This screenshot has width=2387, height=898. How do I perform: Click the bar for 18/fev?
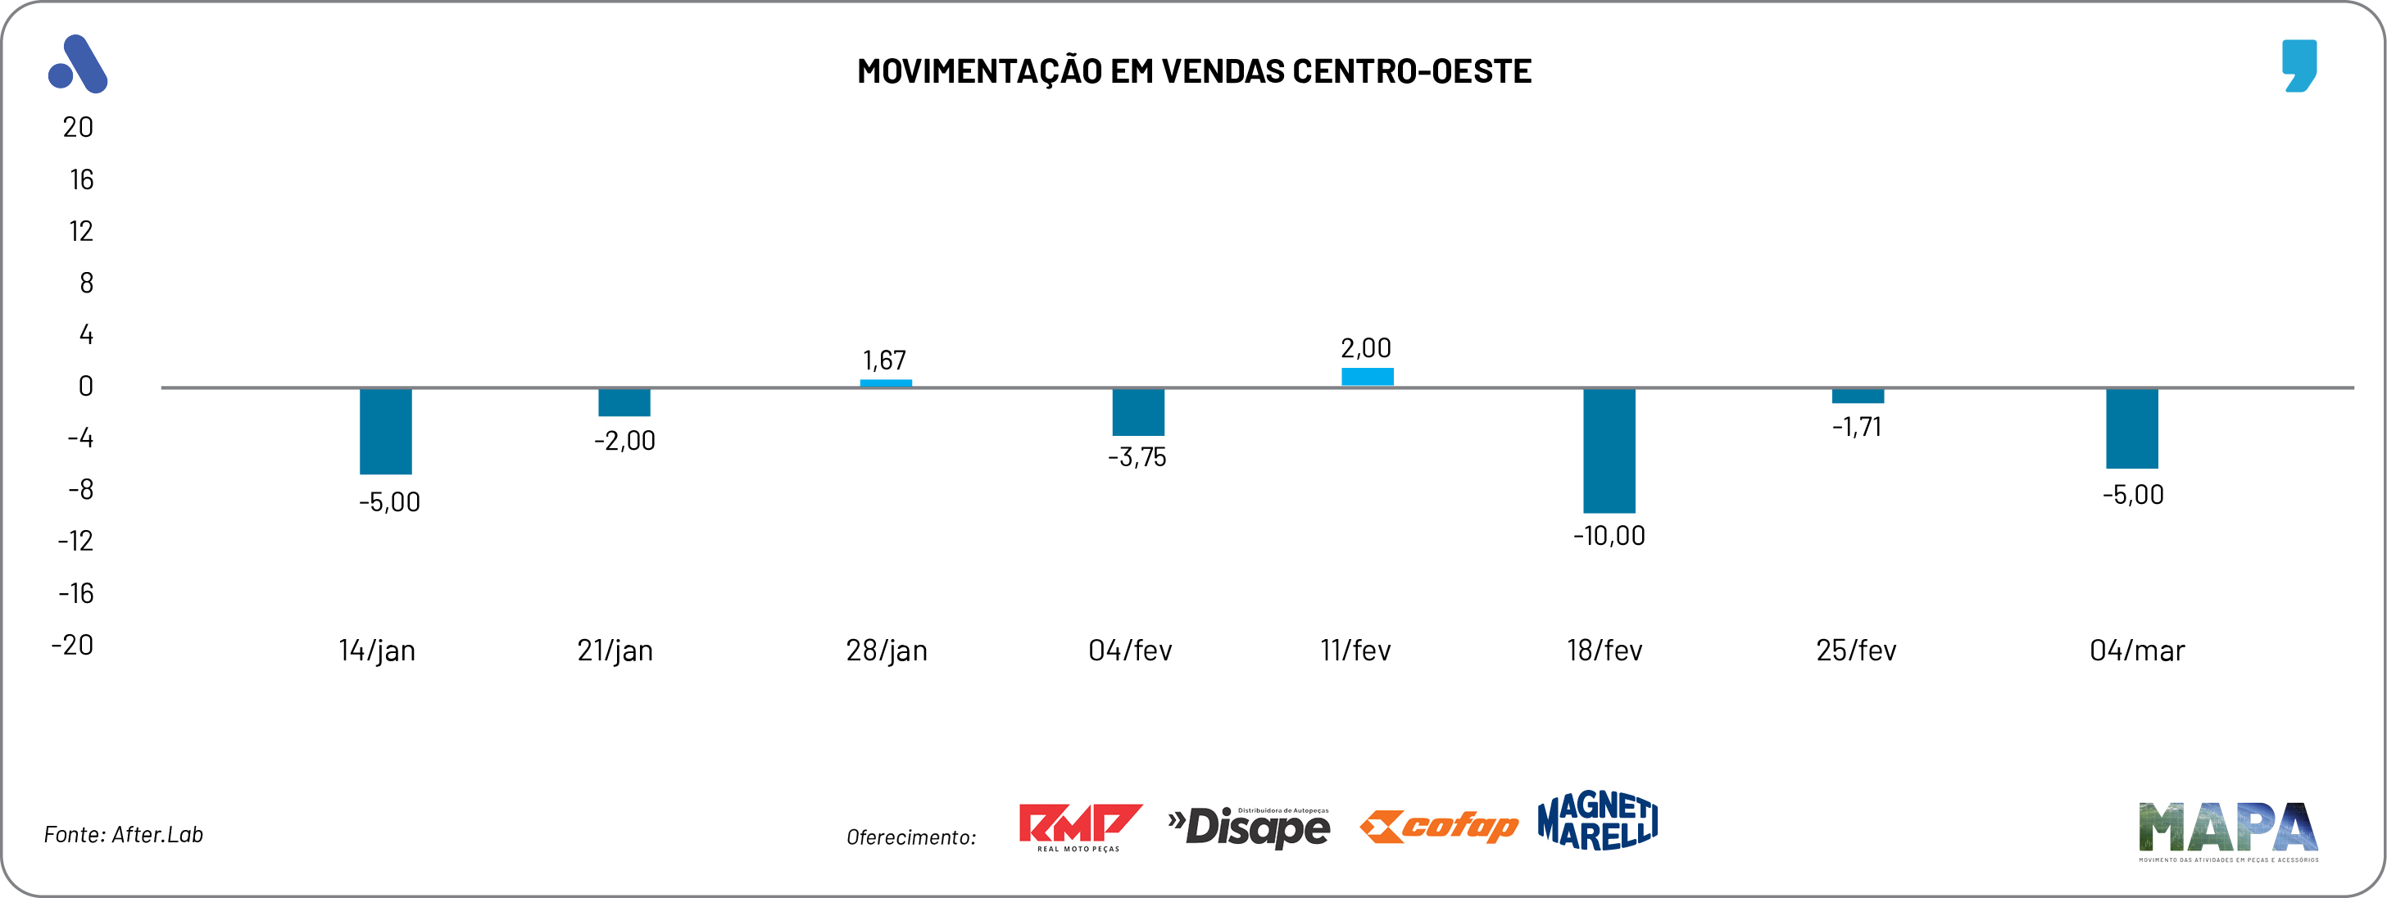tap(1609, 451)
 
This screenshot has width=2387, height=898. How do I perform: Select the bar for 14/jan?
tap(385, 431)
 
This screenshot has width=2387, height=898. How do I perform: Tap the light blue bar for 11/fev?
tap(1367, 376)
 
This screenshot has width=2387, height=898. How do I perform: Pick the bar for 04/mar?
tap(2131, 429)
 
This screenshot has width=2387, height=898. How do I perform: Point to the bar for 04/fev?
tap(1138, 411)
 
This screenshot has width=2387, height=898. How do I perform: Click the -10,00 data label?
tap(1609, 536)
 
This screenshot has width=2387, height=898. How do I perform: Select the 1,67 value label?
tap(884, 360)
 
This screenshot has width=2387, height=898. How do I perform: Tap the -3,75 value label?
tap(1137, 457)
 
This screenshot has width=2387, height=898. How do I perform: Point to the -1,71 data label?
tap(1856, 426)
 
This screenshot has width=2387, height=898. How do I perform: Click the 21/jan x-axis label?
tap(615, 651)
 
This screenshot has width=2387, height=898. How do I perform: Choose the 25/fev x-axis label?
tap(1855, 651)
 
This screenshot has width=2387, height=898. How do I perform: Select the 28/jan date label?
tap(886, 651)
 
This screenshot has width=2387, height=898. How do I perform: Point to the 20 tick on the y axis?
tap(78, 127)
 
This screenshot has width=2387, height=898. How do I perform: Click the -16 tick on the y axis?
tap(76, 593)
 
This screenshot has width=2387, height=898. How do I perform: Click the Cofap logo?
tap(1438, 826)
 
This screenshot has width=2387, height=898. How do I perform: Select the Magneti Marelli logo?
tap(1596, 821)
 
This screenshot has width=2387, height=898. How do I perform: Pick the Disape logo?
tap(1249, 826)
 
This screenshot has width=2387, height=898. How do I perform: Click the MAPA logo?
tap(2227, 829)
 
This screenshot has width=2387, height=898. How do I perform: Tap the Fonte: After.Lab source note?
tap(123, 834)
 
